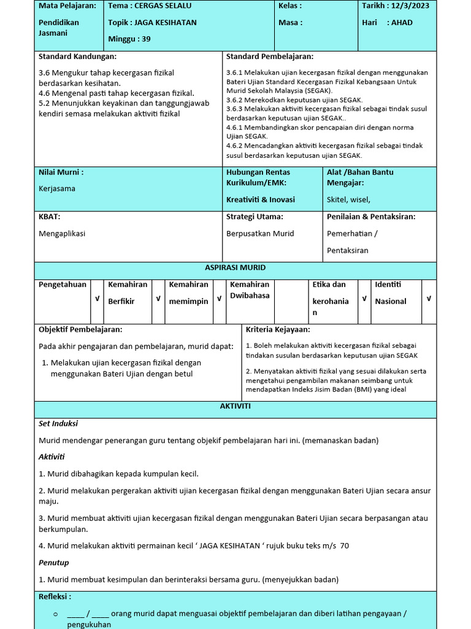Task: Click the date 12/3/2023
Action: click(x=412, y=6)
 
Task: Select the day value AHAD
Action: click(x=402, y=23)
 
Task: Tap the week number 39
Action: click(x=145, y=39)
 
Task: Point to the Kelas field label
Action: click(x=290, y=6)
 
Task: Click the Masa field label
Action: click(x=290, y=23)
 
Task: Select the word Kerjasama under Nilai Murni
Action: click(x=57, y=189)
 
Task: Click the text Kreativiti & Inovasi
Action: click(x=261, y=200)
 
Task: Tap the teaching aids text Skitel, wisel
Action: click(x=348, y=200)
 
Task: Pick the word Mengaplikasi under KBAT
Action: click(x=62, y=233)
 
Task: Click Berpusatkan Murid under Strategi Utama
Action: click(x=260, y=233)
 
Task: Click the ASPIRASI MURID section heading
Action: click(x=235, y=268)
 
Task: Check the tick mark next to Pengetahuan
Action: click(x=96, y=299)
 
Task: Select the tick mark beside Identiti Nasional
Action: click(x=429, y=299)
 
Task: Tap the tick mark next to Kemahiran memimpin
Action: click(x=219, y=299)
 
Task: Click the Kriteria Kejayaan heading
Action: click(x=278, y=330)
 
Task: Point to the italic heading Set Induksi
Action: click(x=58, y=424)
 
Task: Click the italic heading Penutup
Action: click(x=54, y=563)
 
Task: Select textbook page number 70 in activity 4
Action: click(x=344, y=546)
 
